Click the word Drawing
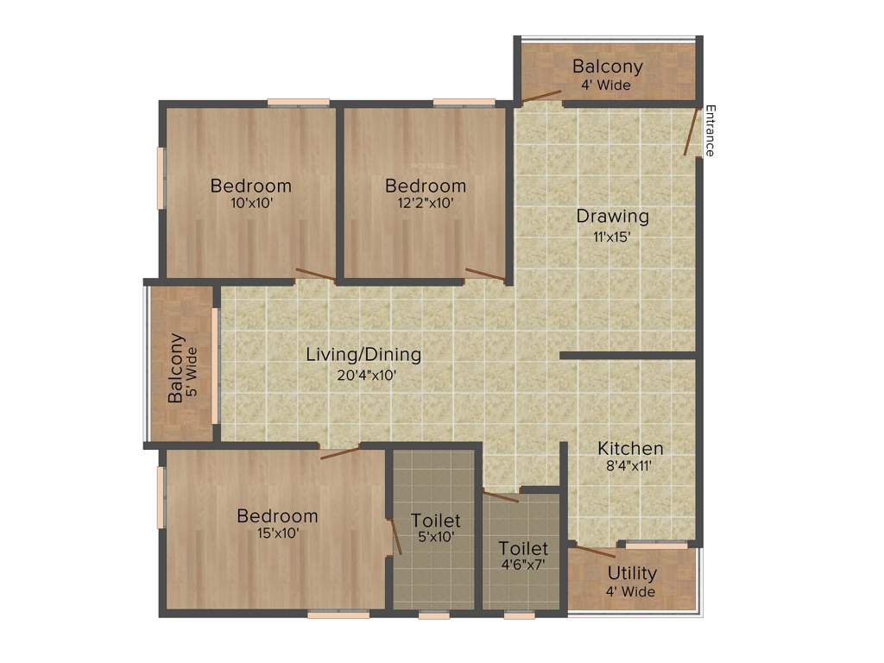tap(612, 216)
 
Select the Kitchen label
tap(630, 448)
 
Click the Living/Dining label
tap(363, 355)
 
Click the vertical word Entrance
tap(710, 130)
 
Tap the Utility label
tap(632, 572)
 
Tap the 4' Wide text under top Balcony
tap(607, 85)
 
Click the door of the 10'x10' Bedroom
tap(315, 275)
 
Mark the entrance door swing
tap(691, 132)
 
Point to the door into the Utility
tap(596, 552)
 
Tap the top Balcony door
tap(540, 97)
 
